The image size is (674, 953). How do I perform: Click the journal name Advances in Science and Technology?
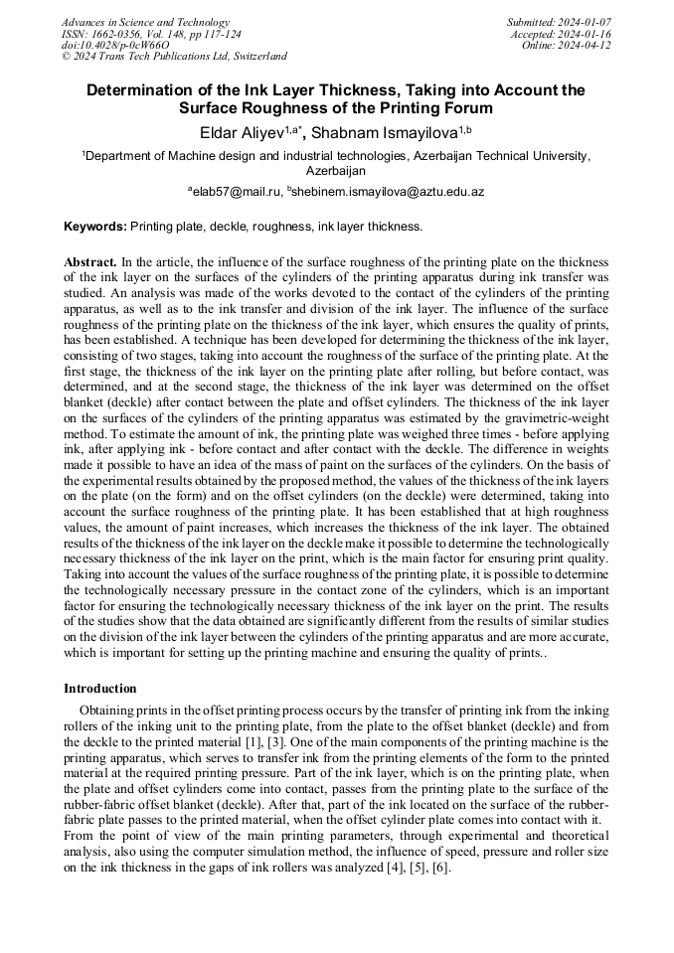145,22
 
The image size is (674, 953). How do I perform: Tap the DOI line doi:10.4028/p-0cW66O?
115,46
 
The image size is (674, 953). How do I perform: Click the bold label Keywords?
95,227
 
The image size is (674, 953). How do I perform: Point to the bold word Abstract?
89,261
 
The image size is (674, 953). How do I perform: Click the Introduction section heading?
100,688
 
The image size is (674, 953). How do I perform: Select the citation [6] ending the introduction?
440,868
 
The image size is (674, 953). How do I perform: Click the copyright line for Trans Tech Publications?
174,57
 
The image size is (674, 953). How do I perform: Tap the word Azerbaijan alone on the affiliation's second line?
337,171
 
